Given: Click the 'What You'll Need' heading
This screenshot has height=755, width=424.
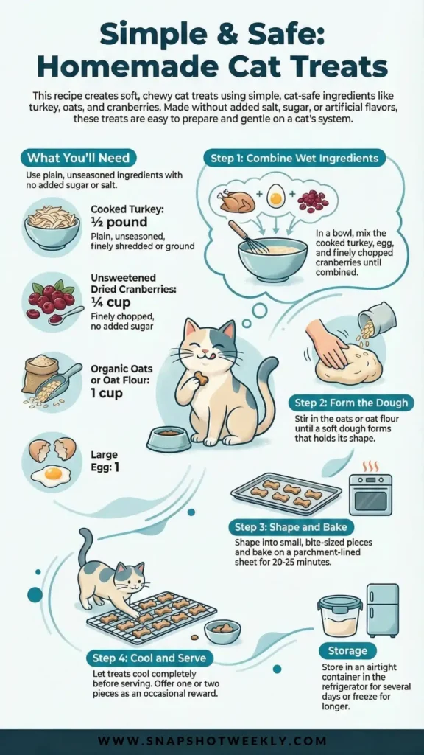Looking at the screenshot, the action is click(x=77, y=159).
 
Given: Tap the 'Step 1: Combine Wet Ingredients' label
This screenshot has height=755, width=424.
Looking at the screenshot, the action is click(x=294, y=159).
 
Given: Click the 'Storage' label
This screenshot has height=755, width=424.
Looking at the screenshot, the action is click(x=347, y=651).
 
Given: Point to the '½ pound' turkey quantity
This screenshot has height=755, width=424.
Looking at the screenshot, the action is click(x=119, y=223).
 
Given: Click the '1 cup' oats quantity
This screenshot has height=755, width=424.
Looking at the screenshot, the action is click(x=106, y=393).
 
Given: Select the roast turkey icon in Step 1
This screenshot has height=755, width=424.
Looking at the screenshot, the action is click(x=237, y=201).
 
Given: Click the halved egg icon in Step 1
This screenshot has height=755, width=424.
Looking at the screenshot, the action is click(x=276, y=198).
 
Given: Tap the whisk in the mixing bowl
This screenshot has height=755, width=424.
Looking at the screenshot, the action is click(x=248, y=237).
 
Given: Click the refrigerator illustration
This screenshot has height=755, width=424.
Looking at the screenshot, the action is click(x=383, y=610).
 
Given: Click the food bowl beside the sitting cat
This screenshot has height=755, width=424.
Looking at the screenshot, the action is click(x=169, y=439).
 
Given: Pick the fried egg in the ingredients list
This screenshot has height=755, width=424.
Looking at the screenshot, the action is click(x=51, y=476).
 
